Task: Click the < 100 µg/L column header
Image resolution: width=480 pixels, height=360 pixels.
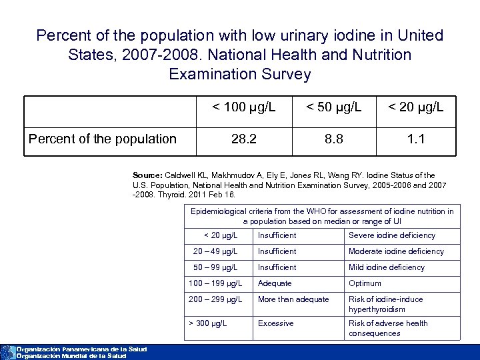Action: tap(243, 107)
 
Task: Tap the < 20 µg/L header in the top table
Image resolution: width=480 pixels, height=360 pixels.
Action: tap(416, 107)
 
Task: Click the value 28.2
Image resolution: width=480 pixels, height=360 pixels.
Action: tap(243, 139)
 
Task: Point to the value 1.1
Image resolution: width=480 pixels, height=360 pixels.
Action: tap(416, 139)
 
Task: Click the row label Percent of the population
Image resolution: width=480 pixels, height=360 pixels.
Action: tap(102, 139)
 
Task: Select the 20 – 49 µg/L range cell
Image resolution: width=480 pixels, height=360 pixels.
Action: tap(215, 251)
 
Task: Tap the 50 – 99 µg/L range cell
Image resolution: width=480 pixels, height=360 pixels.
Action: tap(215, 267)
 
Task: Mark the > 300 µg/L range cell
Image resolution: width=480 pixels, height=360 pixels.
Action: tap(207, 323)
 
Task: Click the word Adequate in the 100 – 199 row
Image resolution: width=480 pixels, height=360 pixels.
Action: tap(275, 283)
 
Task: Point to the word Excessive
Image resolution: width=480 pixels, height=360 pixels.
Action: tap(275, 323)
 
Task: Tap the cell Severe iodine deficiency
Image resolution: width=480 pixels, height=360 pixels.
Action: tap(392, 235)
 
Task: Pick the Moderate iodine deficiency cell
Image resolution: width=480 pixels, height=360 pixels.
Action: tap(396, 251)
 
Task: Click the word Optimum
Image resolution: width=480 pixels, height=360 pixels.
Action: tap(365, 283)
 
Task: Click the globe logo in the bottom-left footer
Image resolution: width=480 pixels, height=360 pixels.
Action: tap(7, 352)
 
